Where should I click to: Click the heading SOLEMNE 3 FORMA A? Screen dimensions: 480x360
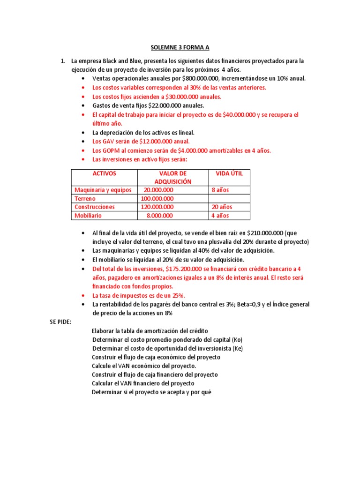pos(180,47)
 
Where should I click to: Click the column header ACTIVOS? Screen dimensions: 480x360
pos(104,173)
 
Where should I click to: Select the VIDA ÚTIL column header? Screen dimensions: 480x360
pos(229,173)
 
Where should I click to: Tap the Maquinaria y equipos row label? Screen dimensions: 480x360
pos(103,190)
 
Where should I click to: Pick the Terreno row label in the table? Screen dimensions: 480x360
pos(85,199)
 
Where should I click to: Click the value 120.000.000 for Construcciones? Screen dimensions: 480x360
pos(157,207)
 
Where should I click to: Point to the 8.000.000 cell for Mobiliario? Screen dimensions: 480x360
pos(159,216)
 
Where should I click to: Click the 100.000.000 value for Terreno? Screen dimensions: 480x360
pos(157,199)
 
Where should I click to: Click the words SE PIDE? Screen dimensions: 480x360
pos(60,322)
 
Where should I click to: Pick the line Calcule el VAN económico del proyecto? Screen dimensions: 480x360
pos(144,366)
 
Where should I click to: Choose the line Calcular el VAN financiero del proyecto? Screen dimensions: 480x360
pos(143,383)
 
